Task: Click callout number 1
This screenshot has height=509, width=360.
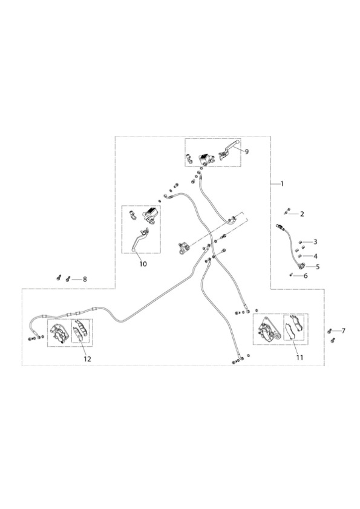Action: click(282, 184)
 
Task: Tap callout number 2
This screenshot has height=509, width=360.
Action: click(302, 214)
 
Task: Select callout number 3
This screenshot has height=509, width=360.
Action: click(315, 241)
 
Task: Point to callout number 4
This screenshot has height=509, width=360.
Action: click(315, 256)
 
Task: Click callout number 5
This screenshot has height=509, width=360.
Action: click(318, 266)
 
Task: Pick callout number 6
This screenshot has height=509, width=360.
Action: click(306, 276)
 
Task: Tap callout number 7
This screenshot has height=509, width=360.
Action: click(344, 330)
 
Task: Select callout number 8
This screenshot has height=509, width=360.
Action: click(85, 279)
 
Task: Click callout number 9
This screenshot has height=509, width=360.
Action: click(247, 151)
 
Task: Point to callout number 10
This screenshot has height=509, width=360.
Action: click(143, 264)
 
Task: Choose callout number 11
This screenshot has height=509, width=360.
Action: click(299, 358)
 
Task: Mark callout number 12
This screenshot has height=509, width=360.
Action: click(87, 359)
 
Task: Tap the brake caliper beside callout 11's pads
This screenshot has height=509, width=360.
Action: click(269, 329)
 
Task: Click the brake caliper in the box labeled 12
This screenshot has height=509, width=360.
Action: click(59, 332)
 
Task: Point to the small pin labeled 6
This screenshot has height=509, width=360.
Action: click(291, 275)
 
